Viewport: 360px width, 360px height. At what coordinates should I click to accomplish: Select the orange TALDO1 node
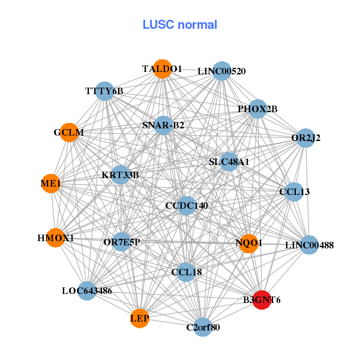pyautogui.click(x=162, y=69)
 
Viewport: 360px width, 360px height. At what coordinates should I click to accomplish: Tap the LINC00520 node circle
pyautogui.click(x=222, y=71)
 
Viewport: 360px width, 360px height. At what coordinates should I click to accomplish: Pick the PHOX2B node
pyautogui.click(x=257, y=109)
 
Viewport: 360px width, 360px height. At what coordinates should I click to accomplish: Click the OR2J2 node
pyautogui.click(x=306, y=138)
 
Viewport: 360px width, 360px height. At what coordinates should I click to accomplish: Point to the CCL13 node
pyautogui.click(x=294, y=192)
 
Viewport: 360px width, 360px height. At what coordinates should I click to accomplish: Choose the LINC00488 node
pyautogui.click(x=309, y=245)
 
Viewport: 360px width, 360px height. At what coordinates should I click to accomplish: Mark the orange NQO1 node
pyautogui.click(x=248, y=243)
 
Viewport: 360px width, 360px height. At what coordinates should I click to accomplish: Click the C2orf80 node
pyautogui.click(x=203, y=327)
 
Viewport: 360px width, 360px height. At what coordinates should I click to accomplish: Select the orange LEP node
pyautogui.click(x=140, y=317)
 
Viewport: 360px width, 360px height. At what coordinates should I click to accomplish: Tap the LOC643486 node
pyautogui.click(x=87, y=291)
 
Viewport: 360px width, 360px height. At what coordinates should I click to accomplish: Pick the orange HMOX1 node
pyautogui.click(x=56, y=238)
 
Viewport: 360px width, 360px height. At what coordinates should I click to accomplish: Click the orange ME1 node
pyautogui.click(x=51, y=184)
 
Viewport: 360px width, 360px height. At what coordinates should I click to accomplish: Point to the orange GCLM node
pyautogui.click(x=69, y=132)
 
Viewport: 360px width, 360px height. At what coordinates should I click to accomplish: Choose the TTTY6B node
pyautogui.click(x=104, y=91)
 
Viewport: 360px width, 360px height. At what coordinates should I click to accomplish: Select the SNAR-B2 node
pyautogui.click(x=163, y=125)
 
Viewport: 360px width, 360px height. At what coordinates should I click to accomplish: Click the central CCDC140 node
pyautogui.click(x=187, y=206)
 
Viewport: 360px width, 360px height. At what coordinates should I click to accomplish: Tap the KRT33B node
pyautogui.click(x=121, y=175)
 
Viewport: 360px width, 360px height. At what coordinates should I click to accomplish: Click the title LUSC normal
pyautogui.click(x=179, y=25)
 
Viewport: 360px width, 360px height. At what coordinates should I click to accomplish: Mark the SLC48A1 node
pyautogui.click(x=229, y=161)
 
